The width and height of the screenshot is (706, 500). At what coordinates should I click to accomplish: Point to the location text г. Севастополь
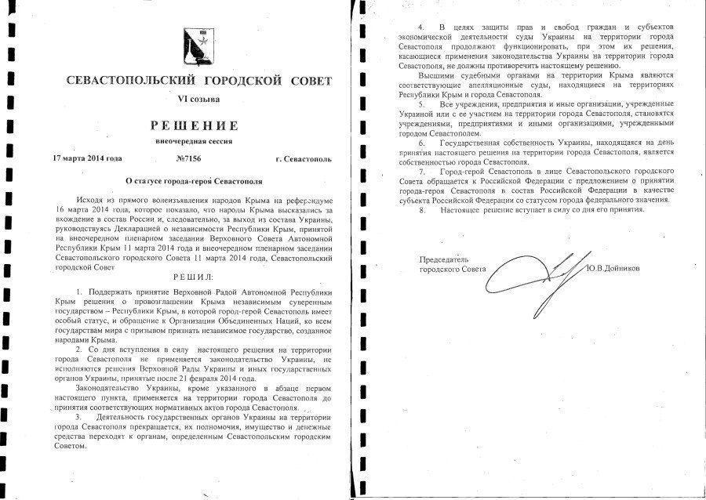pos(304,158)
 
